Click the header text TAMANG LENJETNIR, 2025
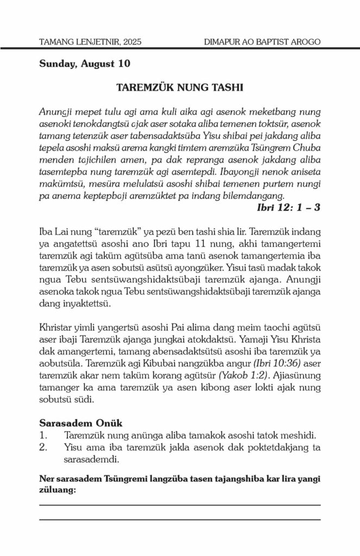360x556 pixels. [90, 41]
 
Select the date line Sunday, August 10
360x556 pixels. [85, 64]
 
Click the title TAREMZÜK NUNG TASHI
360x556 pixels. [180, 88]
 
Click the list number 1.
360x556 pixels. [43, 435]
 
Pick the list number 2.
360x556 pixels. [43, 447]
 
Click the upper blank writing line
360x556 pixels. [180, 505]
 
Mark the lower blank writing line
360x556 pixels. [180, 520]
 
